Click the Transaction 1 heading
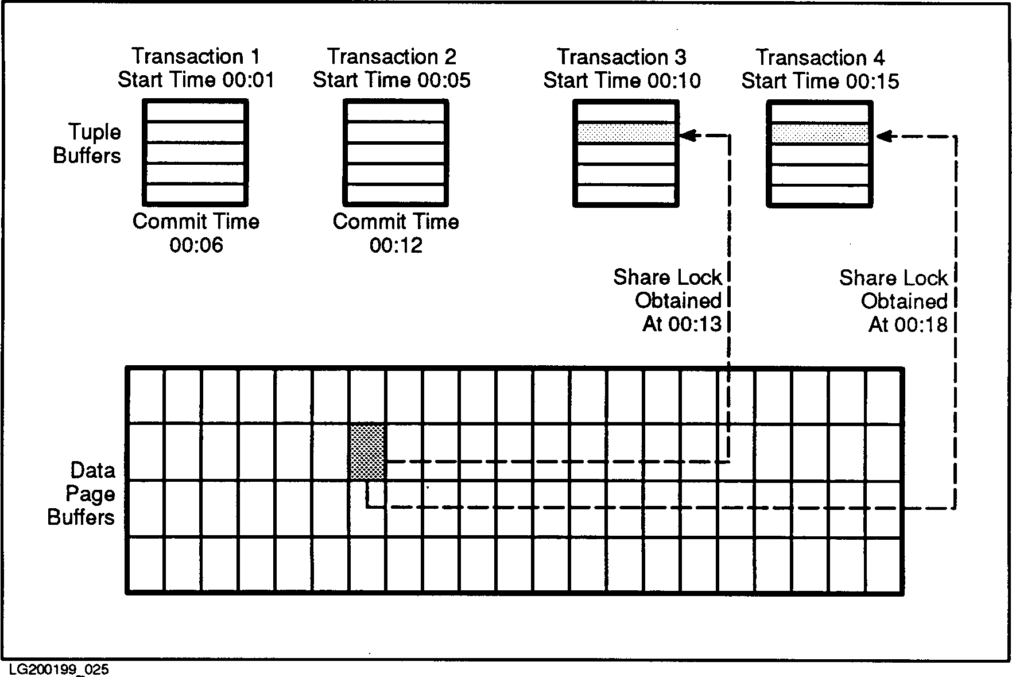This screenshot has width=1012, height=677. (196, 56)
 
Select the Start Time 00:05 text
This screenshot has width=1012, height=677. (391, 80)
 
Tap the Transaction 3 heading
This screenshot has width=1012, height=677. (622, 57)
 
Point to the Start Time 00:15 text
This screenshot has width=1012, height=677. (820, 81)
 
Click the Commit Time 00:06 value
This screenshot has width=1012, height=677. (196, 246)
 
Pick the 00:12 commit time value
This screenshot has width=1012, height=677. (396, 246)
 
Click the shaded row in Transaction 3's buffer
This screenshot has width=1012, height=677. (626, 133)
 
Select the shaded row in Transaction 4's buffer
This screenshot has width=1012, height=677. (820, 134)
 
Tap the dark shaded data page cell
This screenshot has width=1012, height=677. (367, 452)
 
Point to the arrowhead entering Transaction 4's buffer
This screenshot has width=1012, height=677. (883, 137)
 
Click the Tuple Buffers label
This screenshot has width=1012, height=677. (87, 144)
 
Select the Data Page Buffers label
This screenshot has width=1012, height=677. (82, 494)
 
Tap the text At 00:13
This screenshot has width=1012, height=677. (681, 324)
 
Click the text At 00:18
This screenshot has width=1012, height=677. (908, 325)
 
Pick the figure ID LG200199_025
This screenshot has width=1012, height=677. (59, 670)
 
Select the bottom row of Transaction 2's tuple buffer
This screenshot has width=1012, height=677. (396, 194)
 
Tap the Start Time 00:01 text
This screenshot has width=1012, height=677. (196, 80)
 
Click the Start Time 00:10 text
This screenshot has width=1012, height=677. (622, 80)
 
